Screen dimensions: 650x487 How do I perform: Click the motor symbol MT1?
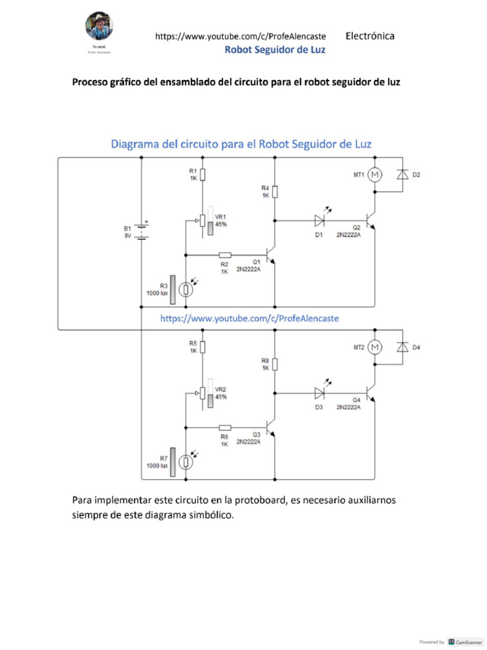coord(375,174)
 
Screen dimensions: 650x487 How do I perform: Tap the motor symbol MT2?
coord(375,347)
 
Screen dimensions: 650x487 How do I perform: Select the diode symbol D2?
coord(401,174)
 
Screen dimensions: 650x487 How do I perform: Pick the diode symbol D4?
coord(401,347)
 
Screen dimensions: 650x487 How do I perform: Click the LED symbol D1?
coord(320,221)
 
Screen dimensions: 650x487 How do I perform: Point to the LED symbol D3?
coord(320,394)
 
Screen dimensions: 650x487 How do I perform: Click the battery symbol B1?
coord(141,230)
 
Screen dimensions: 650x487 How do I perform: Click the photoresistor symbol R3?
coord(185,289)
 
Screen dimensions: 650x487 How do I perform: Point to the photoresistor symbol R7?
coord(185,462)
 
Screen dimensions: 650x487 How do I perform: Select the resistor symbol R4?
coord(275,191)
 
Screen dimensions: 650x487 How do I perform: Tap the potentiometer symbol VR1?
coord(202,221)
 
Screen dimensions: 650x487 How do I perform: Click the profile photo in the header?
coord(100,25)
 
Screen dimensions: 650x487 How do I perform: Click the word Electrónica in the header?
coord(370,36)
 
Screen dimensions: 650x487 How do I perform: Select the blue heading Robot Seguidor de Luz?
coord(275,50)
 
